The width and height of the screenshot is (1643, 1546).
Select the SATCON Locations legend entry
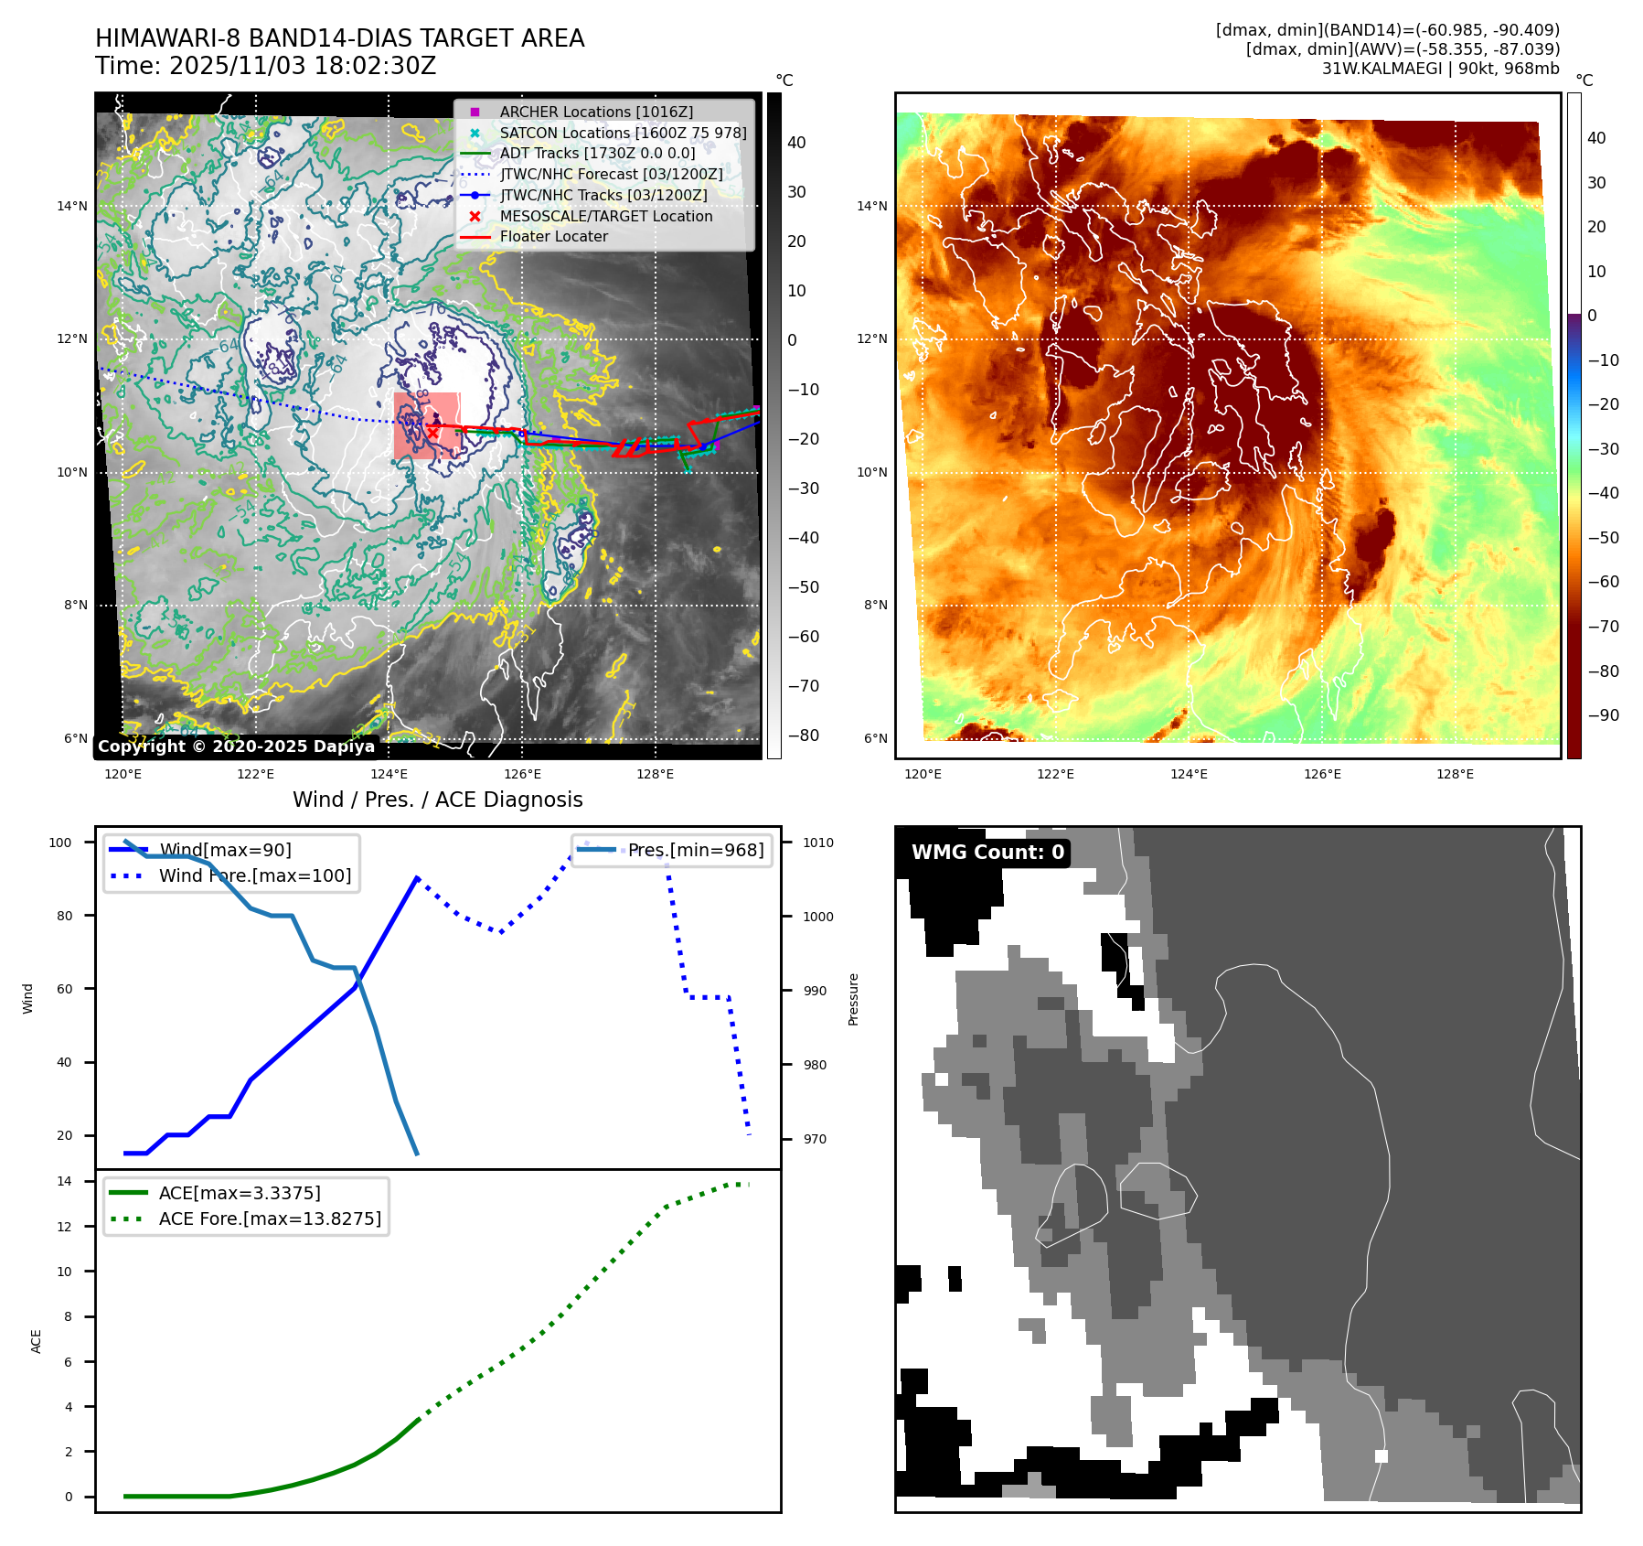click(x=623, y=133)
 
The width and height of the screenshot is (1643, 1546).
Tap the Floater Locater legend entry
click(x=553, y=236)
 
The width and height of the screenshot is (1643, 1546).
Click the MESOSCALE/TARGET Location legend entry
click(x=605, y=216)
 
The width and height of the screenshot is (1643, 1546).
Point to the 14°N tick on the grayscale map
click(x=72, y=206)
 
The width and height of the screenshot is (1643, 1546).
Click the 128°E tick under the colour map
click(x=1455, y=774)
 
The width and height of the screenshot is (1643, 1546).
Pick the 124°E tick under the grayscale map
click(x=389, y=774)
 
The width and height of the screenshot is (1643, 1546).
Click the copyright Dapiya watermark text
click(x=236, y=746)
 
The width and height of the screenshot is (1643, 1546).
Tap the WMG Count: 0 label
click(x=987, y=852)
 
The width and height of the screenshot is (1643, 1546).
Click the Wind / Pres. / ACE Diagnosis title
click(x=437, y=800)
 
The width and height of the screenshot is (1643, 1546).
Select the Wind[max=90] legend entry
click(x=225, y=850)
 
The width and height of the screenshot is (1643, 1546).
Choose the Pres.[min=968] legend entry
click(x=695, y=850)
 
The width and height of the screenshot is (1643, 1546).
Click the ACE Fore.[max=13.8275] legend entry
click(x=270, y=1219)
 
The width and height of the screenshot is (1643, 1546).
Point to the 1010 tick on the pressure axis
click(x=818, y=843)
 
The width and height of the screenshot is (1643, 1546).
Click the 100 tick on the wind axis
click(x=60, y=843)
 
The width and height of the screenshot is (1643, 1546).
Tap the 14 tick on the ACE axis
click(x=64, y=1181)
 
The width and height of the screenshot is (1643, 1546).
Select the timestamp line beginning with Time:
click(x=265, y=66)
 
